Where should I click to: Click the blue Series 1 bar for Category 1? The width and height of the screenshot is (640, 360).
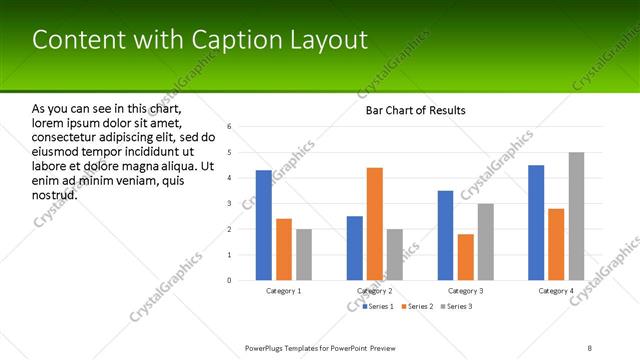coord(263,225)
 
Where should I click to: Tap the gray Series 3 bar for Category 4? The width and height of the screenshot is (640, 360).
coord(576,216)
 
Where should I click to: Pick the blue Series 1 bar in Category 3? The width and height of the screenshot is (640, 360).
coord(445,235)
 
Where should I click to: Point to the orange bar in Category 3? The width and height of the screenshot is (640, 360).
coord(465,257)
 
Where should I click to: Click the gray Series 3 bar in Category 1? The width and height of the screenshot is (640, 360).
coord(304,254)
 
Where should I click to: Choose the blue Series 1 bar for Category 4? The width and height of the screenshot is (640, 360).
coord(536,222)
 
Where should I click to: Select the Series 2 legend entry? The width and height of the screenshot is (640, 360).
coord(417,306)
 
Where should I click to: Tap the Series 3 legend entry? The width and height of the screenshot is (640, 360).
coord(455,306)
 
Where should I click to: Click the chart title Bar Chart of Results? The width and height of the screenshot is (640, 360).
coord(415,110)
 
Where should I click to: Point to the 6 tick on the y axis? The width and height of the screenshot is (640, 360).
coord(230,127)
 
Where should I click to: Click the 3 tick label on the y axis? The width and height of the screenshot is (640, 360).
coord(230,204)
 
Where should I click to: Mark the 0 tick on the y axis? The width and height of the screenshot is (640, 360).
coord(230,280)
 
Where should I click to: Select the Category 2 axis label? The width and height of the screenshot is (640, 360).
coord(375,291)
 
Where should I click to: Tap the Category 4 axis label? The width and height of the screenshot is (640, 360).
coord(556,291)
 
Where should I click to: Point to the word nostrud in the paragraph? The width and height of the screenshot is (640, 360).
coord(55,194)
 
